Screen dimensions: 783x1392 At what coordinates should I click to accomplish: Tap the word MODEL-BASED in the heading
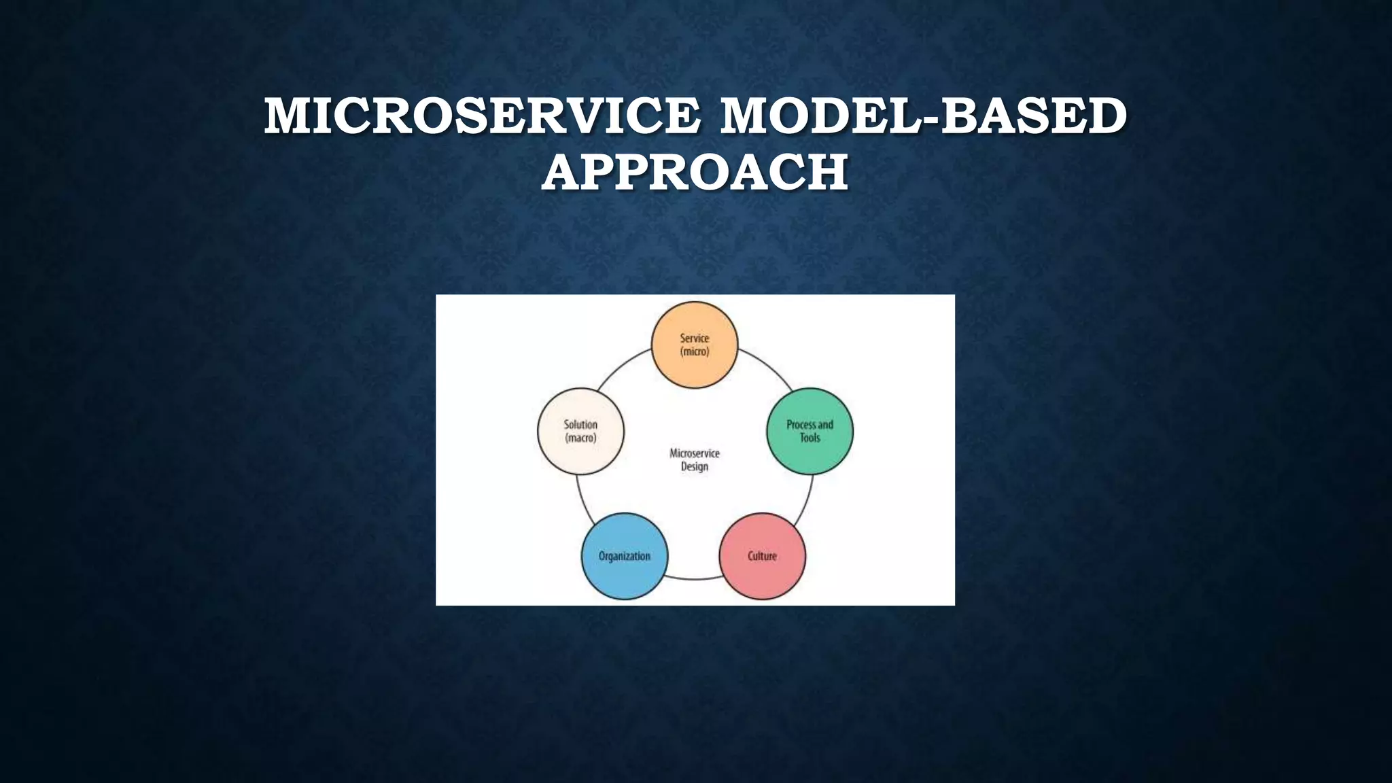click(923, 116)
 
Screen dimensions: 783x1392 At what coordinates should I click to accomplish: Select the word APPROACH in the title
click(695, 173)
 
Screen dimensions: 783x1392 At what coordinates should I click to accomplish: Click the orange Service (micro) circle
click(694, 345)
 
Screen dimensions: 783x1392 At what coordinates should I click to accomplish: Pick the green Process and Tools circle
click(810, 431)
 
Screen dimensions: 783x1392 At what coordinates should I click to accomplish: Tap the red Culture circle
click(762, 556)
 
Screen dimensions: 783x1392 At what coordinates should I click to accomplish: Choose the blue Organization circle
click(625, 556)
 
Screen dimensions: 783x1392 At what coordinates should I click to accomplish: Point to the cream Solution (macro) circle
click(580, 431)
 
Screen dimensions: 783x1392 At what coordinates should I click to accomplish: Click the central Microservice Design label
click(694, 460)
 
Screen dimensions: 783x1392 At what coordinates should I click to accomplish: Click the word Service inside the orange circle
click(694, 338)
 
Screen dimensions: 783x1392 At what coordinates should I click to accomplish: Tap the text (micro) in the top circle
click(694, 352)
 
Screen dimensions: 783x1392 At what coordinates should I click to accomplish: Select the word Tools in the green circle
click(810, 438)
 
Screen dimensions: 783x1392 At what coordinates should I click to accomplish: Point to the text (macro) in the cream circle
click(580, 438)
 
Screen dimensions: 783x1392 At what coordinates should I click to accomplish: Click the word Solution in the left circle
click(580, 425)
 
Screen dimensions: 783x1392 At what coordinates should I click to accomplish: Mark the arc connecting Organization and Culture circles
click(694, 579)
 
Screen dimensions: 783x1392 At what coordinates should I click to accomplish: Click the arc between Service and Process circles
click(766, 368)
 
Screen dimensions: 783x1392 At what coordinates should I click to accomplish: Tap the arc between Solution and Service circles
click(621, 368)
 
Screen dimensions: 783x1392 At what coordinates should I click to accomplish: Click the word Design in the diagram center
click(694, 467)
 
